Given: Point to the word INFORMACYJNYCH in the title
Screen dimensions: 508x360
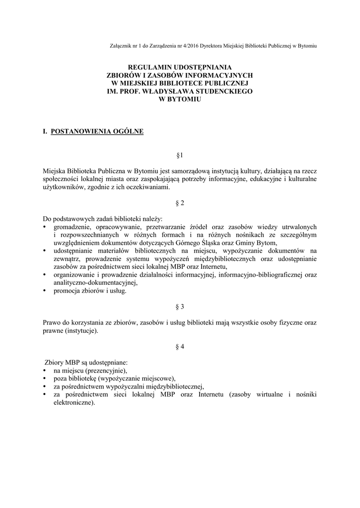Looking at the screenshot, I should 218,75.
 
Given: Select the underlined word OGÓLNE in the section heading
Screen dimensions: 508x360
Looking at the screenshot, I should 126,131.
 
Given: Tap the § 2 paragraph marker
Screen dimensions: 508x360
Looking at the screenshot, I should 180,203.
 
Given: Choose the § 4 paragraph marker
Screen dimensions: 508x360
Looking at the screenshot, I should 180,347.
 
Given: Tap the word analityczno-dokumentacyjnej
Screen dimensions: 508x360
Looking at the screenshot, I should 95,282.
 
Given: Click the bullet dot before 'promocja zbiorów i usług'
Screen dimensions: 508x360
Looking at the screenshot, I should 45,291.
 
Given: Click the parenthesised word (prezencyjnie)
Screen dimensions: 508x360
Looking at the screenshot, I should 106,370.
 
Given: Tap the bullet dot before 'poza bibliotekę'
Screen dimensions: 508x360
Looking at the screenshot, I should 45,378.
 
